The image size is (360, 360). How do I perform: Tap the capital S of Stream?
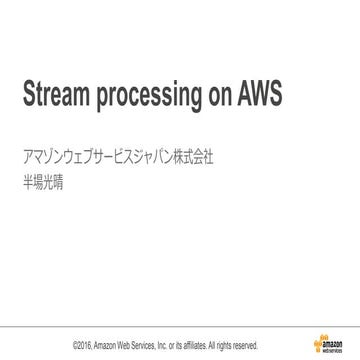coord(27,92)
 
